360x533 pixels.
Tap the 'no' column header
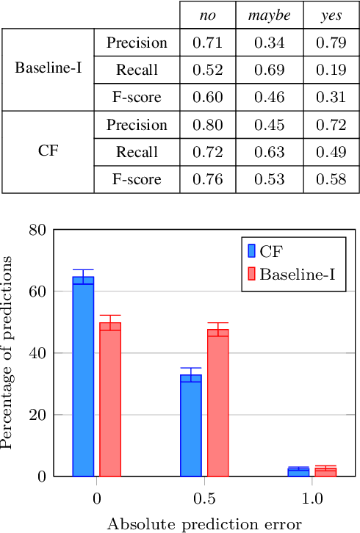[208, 15]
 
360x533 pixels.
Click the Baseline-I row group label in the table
[48, 70]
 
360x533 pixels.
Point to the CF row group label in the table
[48, 152]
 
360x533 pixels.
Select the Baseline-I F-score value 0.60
[208, 97]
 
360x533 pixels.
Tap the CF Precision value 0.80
[208, 125]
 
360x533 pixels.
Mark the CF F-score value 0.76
[208, 179]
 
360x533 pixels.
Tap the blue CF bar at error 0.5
[191, 425]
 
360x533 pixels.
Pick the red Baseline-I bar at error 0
[110, 399]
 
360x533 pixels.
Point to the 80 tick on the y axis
[37, 230]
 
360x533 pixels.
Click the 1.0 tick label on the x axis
[312, 498]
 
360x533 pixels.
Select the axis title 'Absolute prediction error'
[204, 524]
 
